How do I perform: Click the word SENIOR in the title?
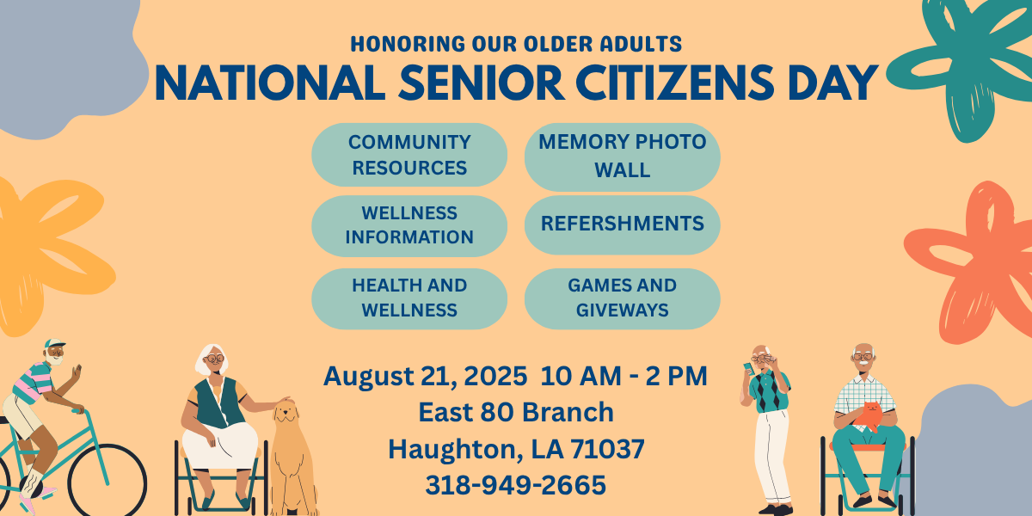[481, 83]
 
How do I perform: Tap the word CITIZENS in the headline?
[675, 83]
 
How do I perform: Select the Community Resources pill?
[409, 155]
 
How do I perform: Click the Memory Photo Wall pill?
[622, 157]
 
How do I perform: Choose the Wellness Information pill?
[409, 225]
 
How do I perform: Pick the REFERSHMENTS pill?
[622, 224]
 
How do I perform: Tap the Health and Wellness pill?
[409, 298]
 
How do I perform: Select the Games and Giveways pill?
[622, 298]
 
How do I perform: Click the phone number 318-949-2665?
[515, 485]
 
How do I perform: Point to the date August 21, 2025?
[425, 377]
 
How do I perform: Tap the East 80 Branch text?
[516, 412]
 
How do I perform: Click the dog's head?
[286, 411]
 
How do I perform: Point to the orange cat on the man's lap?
[868, 415]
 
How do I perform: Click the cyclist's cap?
[54, 344]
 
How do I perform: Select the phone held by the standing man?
[748, 368]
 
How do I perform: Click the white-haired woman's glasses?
[214, 358]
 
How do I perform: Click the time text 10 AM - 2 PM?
[623, 376]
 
